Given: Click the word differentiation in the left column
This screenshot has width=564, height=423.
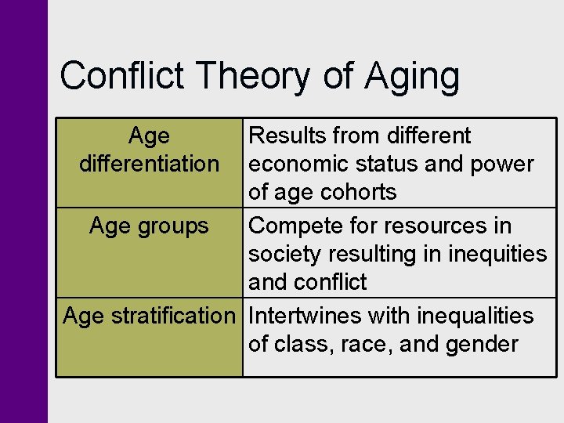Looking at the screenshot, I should point(149,164).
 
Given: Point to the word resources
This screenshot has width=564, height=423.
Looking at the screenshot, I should point(439,226).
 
